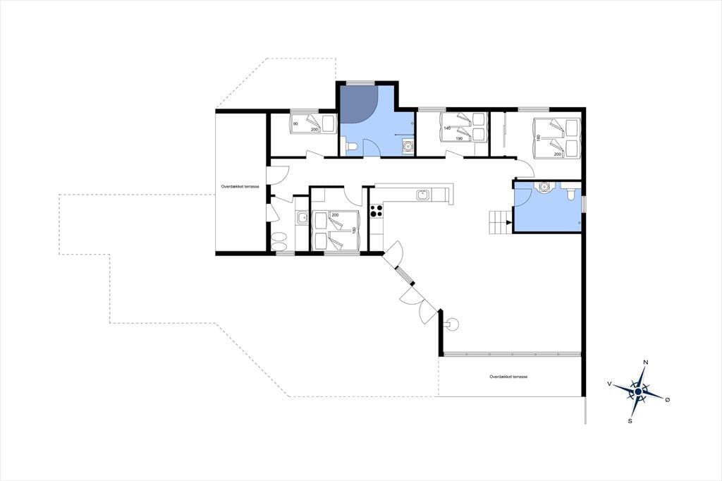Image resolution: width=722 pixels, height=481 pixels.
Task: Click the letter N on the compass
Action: [x=646, y=362]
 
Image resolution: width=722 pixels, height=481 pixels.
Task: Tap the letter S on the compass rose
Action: [x=630, y=420]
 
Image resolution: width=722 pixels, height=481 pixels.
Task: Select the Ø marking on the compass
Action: [x=667, y=399]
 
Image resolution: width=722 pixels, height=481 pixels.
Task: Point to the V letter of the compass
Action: [x=610, y=384]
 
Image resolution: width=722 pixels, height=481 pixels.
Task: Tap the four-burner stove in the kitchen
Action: [x=377, y=211]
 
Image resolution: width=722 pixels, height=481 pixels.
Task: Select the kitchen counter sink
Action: [x=423, y=195]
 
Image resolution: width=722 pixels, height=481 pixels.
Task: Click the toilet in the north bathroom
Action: [x=351, y=147]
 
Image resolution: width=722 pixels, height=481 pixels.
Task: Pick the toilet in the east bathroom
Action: [x=571, y=193]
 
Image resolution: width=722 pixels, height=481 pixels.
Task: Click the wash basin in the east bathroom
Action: [x=545, y=187]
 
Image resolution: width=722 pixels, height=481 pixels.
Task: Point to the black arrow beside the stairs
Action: [x=508, y=223]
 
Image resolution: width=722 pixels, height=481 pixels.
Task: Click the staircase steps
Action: [x=497, y=222]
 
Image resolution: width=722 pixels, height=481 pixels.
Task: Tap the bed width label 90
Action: [x=295, y=124]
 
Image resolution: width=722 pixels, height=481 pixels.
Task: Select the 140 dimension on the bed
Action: [x=446, y=128]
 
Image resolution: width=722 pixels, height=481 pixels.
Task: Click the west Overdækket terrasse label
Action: [x=240, y=187]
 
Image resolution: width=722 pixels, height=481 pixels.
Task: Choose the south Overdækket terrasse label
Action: [x=508, y=377]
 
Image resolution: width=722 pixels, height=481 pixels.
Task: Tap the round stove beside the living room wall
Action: [x=452, y=324]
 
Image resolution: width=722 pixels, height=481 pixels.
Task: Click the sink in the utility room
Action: [x=302, y=217]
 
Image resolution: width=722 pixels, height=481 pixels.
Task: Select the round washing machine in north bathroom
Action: [x=408, y=147]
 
